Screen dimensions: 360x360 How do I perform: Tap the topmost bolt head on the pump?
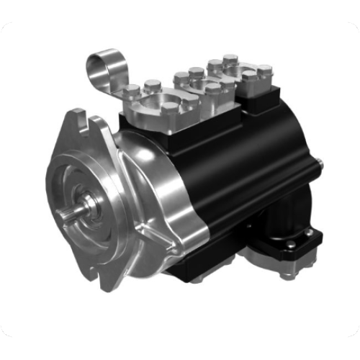pyautogui.click(x=230, y=58)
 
